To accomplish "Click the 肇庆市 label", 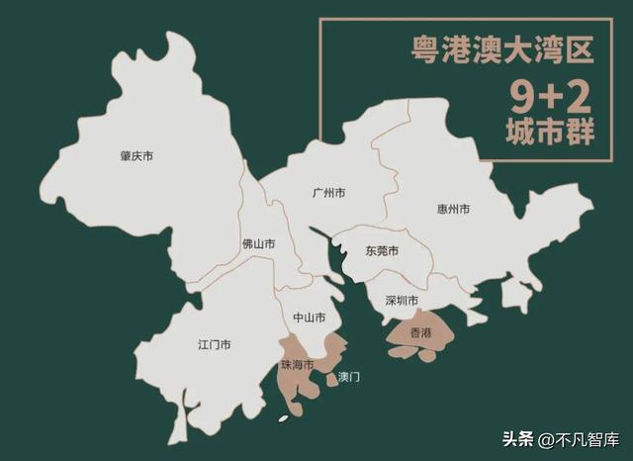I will [136, 156].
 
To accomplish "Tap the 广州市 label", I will [328, 192].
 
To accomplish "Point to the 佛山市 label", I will [259, 243].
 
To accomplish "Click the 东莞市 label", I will [381, 251].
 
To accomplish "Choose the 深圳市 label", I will [401, 300].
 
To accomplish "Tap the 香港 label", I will [420, 331].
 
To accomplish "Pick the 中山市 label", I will [310, 318].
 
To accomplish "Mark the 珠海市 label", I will [297, 365].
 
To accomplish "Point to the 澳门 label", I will [349, 377].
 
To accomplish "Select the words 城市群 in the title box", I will [549, 134].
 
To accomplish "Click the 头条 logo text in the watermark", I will [518, 438].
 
